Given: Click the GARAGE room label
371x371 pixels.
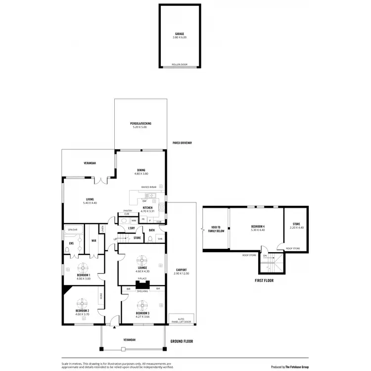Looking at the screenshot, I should click(179, 34).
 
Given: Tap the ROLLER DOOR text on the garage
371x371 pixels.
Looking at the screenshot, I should click(179, 64).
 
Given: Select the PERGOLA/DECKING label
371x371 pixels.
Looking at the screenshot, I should click(141, 123).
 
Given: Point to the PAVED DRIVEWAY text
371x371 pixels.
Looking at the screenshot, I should click(182, 143).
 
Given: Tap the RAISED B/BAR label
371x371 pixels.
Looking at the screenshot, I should click(148, 187).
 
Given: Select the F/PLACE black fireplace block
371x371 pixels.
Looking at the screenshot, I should click(142, 285).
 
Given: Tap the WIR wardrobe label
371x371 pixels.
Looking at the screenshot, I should click(93, 241).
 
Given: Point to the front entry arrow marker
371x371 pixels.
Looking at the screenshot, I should click(114, 327).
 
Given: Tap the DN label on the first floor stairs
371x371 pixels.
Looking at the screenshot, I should click(265, 256).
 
